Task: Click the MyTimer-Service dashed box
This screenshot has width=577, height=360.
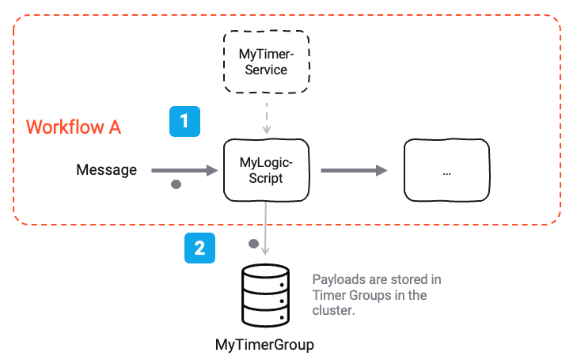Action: pos(267,62)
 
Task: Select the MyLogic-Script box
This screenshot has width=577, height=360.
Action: pos(267,170)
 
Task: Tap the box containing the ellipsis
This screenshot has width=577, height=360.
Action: pos(446,171)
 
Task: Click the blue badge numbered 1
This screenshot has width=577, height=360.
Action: pos(184,121)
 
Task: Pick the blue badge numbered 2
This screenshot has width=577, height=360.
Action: pos(199,248)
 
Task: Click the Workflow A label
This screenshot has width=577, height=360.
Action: pos(74,127)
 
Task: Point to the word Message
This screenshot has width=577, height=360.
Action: pos(106,170)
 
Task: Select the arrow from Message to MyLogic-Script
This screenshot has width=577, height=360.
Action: pos(183,170)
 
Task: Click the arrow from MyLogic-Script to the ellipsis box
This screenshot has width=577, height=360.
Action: pos(353,170)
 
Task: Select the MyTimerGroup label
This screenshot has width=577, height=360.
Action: pos(265,345)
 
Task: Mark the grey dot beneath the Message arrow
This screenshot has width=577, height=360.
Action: pos(177,185)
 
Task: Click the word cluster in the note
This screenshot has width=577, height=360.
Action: pos(332,312)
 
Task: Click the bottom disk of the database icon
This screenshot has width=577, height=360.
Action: pos(266,316)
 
